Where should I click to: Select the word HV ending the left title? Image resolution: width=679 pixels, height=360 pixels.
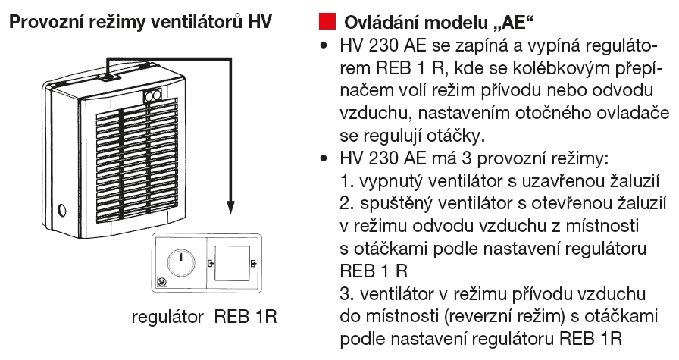click(261, 20)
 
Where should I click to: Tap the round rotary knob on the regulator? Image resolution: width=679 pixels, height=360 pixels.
click(180, 262)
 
